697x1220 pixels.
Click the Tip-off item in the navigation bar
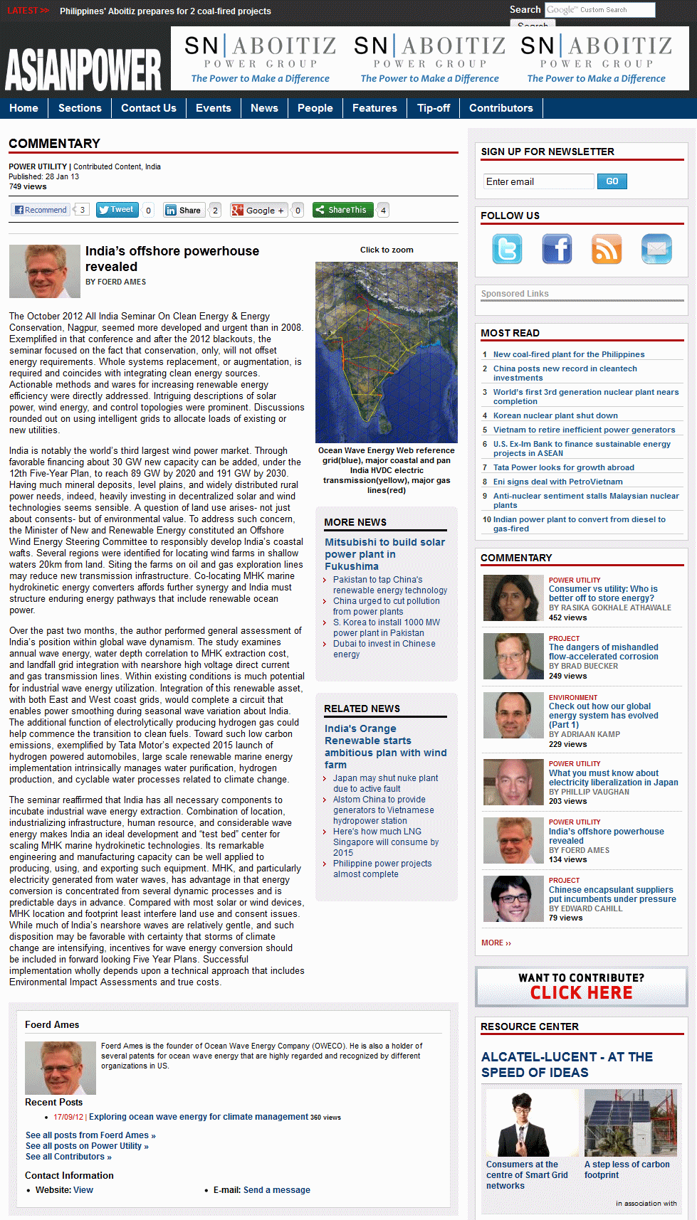pos(434,108)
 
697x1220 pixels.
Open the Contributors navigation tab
pos(501,108)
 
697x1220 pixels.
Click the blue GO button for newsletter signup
pos(612,181)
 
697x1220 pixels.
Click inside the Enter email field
pos(538,181)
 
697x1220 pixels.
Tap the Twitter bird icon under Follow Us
pos(507,249)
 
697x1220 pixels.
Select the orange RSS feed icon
pos(607,249)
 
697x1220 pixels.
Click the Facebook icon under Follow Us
pos(557,249)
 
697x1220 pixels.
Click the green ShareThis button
pos(342,210)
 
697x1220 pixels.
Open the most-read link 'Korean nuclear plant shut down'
pos(555,415)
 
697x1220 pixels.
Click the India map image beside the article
pos(386,352)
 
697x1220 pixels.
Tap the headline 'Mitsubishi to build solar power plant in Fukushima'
pos(384,554)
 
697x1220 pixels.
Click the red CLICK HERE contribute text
pos(581,993)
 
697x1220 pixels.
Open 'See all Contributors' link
pos(68,1157)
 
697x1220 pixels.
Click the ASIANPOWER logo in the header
pos(83,70)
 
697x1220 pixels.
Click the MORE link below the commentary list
pos(496,943)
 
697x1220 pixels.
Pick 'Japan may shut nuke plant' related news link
pos(385,783)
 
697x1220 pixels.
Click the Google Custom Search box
pos(599,10)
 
